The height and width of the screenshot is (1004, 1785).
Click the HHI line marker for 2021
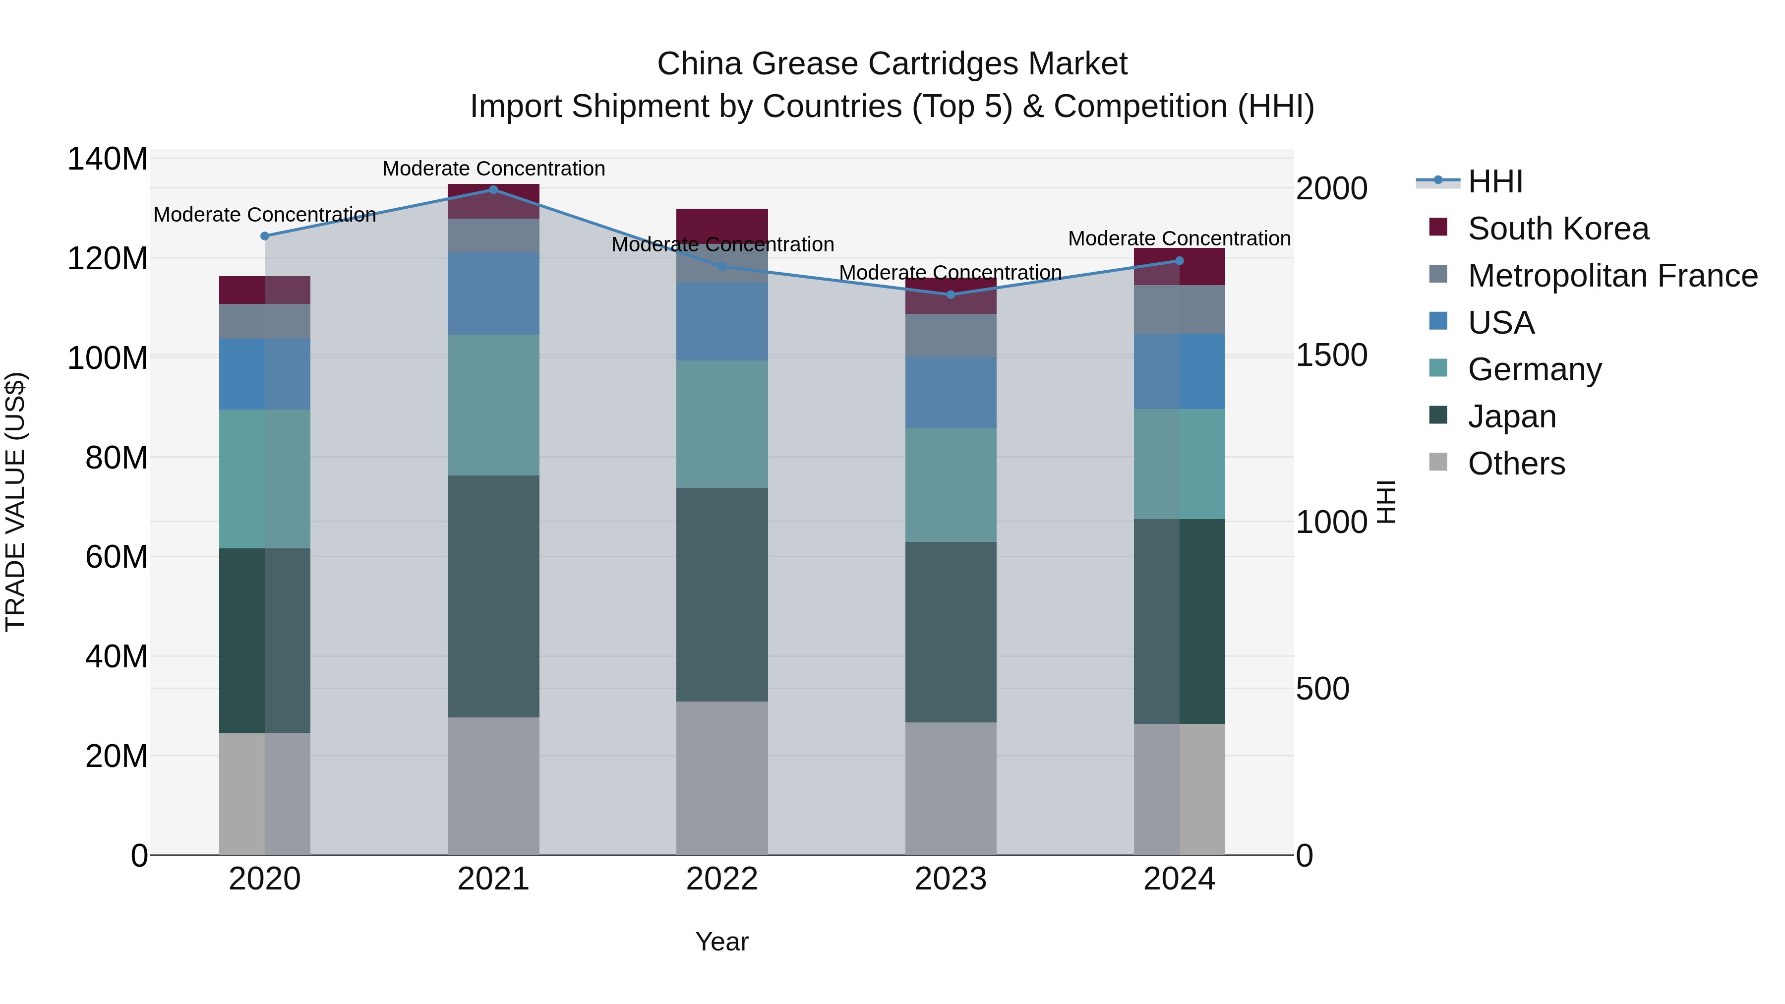pos(493,190)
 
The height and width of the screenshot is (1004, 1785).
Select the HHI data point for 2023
pos(951,295)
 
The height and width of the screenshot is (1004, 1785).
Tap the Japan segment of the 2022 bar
pos(722,594)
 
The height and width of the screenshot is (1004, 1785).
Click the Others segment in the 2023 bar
pos(951,788)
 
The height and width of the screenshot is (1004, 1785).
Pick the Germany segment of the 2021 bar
pos(493,406)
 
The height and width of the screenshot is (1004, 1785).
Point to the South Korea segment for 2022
pos(722,223)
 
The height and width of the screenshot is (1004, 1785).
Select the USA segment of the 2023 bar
pos(951,392)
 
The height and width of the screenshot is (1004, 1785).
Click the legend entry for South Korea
pos(1558,229)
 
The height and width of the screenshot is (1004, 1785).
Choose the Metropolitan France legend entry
pos(1612,276)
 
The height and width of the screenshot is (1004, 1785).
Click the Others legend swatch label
pos(1516,464)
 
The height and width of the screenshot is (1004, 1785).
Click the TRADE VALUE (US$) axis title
pos(15,502)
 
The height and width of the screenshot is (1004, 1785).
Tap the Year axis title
pos(721,942)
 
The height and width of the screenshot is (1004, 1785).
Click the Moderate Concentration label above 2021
pos(493,169)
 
